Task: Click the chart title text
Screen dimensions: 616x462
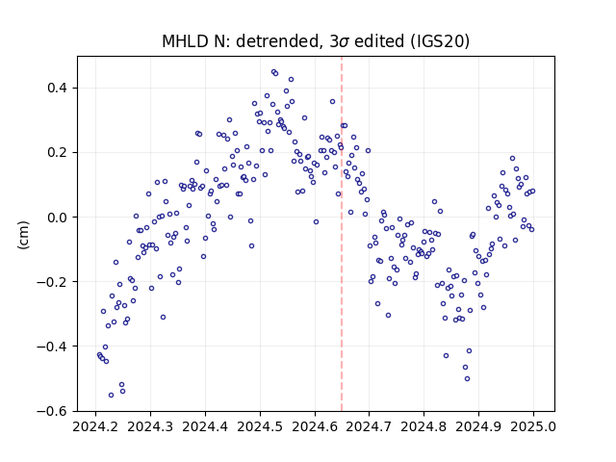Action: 316,41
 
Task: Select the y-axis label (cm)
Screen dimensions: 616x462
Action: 23,235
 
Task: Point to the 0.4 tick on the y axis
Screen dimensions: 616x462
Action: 58,88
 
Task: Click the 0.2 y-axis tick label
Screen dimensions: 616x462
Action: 58,152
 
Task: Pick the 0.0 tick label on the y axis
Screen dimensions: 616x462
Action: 58,218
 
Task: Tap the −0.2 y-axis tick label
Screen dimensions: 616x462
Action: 53,282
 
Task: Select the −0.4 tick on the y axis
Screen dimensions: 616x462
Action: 53,346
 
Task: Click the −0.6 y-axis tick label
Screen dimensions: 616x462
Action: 53,411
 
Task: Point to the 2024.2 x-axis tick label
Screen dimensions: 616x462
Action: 95,426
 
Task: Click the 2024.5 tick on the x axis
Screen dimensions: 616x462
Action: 260,426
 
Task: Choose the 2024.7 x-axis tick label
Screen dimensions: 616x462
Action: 369,426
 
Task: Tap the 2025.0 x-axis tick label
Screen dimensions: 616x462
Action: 533,426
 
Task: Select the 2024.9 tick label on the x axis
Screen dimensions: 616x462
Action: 478,426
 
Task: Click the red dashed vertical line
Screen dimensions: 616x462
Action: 342,234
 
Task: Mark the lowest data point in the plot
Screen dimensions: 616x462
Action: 112,395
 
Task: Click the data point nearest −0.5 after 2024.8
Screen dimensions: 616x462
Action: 467,378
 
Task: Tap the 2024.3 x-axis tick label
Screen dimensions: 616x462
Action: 150,426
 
